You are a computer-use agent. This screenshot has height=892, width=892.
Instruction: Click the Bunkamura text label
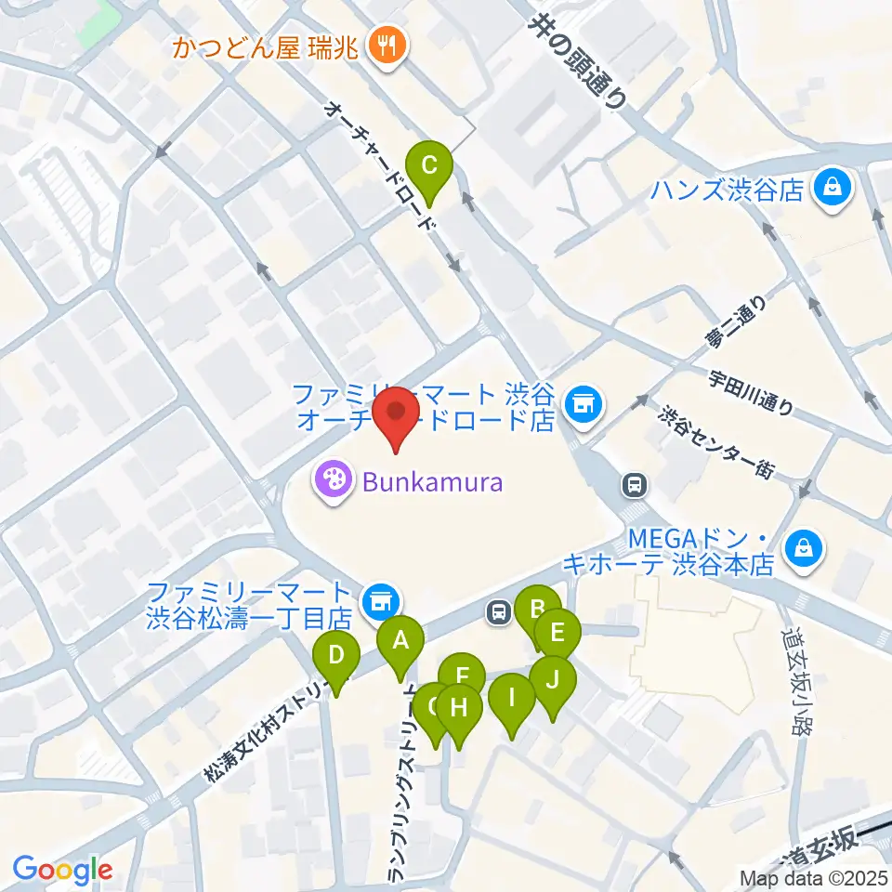click(x=433, y=482)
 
